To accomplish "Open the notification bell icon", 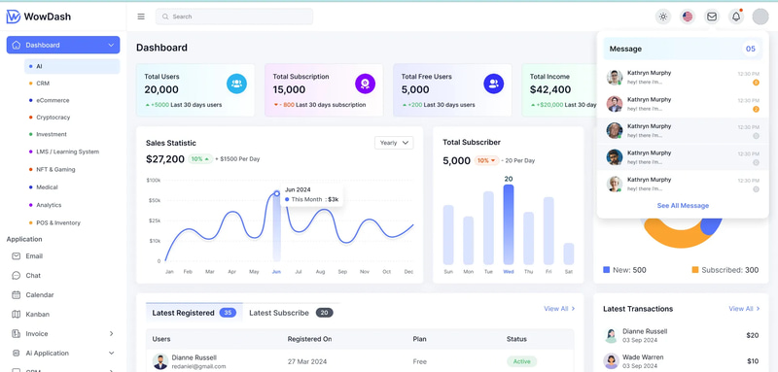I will pos(736,17).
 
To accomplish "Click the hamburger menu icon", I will pos(141,17).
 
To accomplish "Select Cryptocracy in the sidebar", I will pos(53,118).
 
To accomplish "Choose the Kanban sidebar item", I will pos(38,315).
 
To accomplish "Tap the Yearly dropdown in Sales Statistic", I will pos(394,143).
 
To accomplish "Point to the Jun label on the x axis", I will pos(276,272).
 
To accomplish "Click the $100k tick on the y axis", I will pos(154,180).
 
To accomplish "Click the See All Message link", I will pos(683,206).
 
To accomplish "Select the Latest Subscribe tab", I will pos(279,313).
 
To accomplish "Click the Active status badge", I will pos(521,361).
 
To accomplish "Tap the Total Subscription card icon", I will pos(365,85).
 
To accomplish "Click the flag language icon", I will pos(688,17).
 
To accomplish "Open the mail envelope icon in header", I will pos(712,17).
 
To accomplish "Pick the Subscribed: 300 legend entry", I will pos(725,270).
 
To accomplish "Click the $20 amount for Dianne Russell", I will pos(752,335).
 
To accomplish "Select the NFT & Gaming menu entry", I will pos(55,169).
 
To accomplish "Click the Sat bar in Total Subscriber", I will pos(569,253).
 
